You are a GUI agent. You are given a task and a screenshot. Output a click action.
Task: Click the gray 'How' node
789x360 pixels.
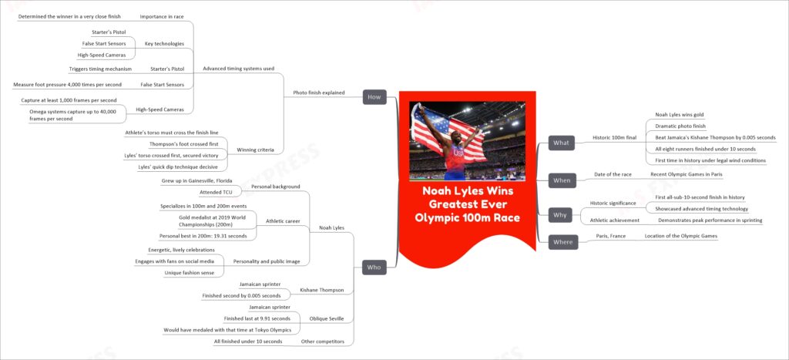[374, 97]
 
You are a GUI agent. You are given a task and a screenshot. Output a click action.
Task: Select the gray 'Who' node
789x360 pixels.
[374, 267]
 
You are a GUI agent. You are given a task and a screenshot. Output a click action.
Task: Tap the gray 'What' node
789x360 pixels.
[561, 143]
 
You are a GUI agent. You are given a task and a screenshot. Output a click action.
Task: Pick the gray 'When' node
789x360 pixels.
[562, 180]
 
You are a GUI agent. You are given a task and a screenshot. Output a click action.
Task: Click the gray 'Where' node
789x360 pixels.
[562, 242]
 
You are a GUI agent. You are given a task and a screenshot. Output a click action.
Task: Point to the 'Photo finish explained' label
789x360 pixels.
[320, 93]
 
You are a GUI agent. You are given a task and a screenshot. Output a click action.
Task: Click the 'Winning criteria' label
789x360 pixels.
[256, 150]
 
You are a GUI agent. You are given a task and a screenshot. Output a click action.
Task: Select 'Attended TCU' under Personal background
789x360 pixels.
[210, 193]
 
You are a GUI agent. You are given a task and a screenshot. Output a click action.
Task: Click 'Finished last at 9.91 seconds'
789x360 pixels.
[257, 318]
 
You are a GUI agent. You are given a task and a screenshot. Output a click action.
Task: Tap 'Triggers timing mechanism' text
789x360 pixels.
[100, 69]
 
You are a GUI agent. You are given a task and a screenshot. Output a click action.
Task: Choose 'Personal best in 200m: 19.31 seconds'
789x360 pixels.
[202, 236]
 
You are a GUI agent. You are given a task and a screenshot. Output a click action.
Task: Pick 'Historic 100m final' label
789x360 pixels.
[614, 137]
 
